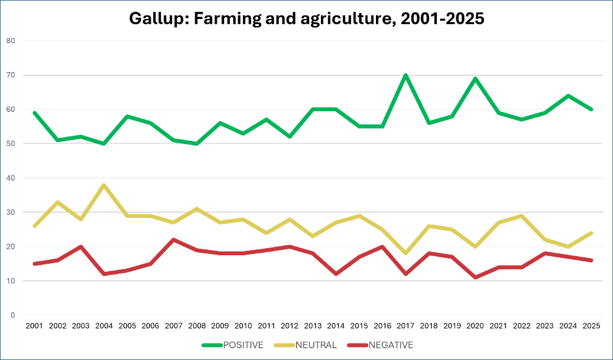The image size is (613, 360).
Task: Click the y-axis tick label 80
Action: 10,41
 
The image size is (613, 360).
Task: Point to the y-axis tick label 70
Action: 10,75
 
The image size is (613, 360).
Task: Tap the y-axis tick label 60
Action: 10,109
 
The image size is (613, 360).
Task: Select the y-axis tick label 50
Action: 10,143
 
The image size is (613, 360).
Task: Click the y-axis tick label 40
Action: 10,178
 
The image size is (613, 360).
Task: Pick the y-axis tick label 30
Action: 10,212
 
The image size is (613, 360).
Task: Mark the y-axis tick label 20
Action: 10,246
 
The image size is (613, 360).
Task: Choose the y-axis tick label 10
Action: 10,281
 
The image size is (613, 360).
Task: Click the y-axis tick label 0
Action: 12,315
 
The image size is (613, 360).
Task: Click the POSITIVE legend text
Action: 243,345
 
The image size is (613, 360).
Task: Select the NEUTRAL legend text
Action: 316,345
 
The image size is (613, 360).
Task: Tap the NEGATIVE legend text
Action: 391,345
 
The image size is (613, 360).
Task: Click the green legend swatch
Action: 212,345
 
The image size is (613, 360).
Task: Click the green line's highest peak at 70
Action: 406,75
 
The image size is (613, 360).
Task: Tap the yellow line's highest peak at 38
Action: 103,185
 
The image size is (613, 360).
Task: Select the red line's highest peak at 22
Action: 173,240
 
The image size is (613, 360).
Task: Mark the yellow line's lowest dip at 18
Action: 406,253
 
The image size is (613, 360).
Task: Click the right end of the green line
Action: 592,109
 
